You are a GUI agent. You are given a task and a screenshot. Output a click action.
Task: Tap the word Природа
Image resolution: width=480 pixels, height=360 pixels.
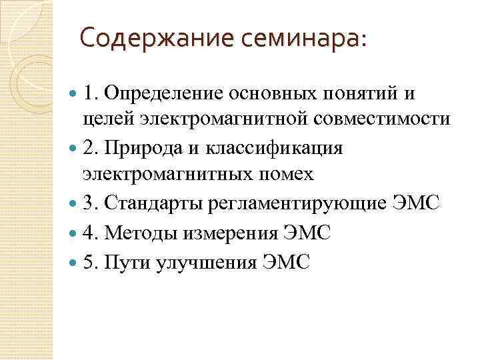(x=143, y=147)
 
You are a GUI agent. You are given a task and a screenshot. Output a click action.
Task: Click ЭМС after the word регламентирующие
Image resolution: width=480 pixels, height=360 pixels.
(x=416, y=203)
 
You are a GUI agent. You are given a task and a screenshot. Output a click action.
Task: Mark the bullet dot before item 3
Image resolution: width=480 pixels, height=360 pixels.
(x=73, y=203)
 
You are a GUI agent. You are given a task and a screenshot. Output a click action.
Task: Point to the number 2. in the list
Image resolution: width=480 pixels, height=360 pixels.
(x=92, y=147)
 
